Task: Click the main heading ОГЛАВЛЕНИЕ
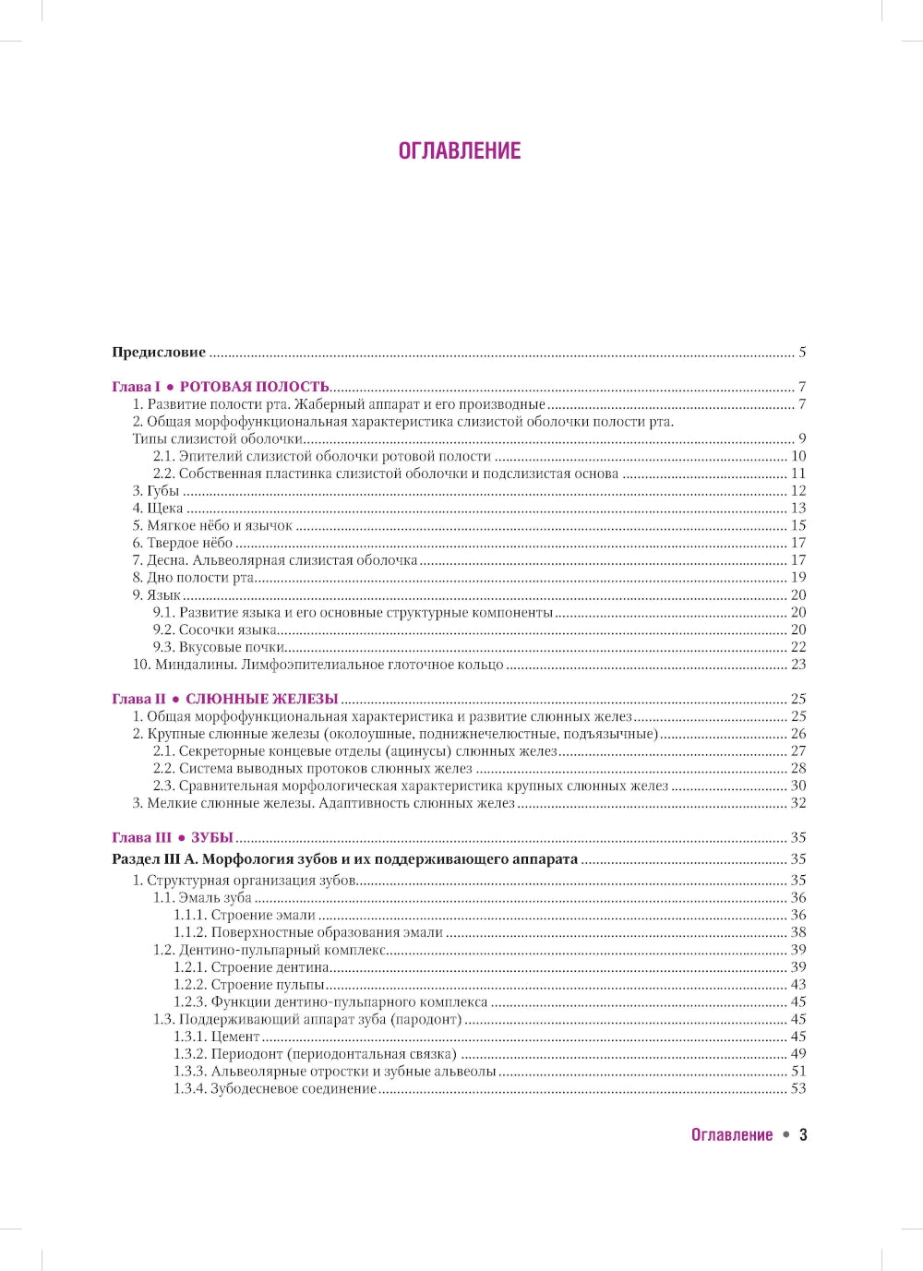point(460,151)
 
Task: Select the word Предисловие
point(159,352)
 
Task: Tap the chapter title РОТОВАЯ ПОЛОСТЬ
point(254,387)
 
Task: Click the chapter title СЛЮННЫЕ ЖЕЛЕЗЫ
point(262,699)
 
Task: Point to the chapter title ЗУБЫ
point(212,837)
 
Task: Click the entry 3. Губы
point(156,491)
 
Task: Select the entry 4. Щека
point(158,509)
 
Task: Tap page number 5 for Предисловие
point(802,352)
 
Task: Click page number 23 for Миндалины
point(798,665)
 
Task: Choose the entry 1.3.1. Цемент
point(217,1037)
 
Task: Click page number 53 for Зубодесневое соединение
point(798,1089)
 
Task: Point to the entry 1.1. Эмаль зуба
point(202,897)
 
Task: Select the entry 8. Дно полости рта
point(193,578)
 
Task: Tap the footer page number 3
point(803,1135)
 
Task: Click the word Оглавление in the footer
point(732,1135)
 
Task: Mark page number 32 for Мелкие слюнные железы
point(798,803)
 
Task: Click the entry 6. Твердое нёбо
point(183,543)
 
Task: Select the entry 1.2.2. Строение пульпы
point(249,985)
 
